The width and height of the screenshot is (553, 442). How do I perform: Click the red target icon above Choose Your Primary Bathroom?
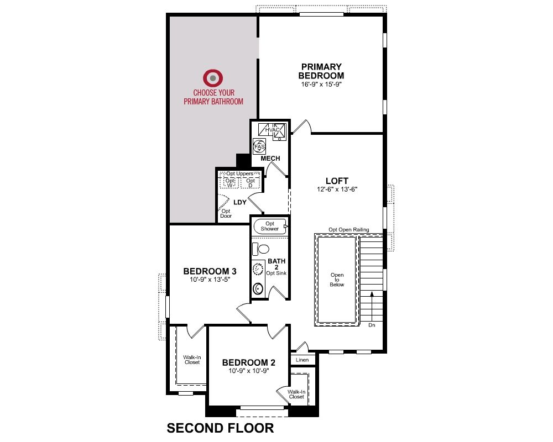coord(213,77)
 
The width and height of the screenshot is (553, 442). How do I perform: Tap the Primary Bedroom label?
coord(321,71)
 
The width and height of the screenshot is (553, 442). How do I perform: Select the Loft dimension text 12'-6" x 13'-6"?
coord(337,190)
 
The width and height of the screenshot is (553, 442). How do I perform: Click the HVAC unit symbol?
coord(272,130)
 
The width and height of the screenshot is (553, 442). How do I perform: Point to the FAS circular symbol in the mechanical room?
coord(259,146)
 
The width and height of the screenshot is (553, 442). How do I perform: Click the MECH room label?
coord(270,159)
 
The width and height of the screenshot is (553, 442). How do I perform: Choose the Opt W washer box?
coord(230,182)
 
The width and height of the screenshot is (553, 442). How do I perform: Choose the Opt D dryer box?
coord(251,182)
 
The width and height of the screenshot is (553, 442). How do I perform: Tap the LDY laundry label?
coord(240,202)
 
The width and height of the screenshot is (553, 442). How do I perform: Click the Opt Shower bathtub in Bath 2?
coord(270,227)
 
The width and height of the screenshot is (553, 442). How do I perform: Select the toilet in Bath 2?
coord(260,249)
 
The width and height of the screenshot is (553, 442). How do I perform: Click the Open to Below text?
coord(337,280)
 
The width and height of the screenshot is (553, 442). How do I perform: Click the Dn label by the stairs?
coord(372,325)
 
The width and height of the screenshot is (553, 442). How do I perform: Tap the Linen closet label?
coord(302,360)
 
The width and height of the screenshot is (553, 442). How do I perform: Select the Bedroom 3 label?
coord(210,271)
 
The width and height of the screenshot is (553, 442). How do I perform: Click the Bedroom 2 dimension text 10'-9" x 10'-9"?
coord(249,371)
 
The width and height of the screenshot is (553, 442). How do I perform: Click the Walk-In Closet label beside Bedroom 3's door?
coord(192,360)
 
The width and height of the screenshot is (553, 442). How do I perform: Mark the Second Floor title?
coord(221,428)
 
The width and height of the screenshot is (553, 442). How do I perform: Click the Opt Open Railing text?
coord(349,230)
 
